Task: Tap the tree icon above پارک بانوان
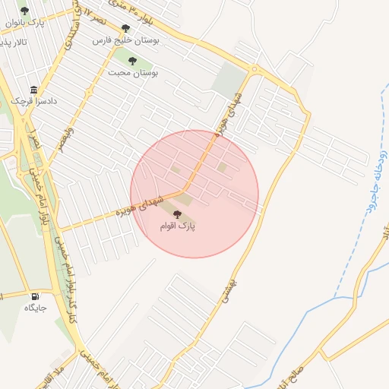24,11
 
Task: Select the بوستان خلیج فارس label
125,40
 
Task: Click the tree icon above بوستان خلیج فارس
125,28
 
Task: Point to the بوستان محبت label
132,73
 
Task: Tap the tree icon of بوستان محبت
132,61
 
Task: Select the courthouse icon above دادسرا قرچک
33,89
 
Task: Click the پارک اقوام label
178,226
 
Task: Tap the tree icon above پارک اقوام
178,215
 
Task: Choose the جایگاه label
35,308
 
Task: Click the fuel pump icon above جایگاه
35,296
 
